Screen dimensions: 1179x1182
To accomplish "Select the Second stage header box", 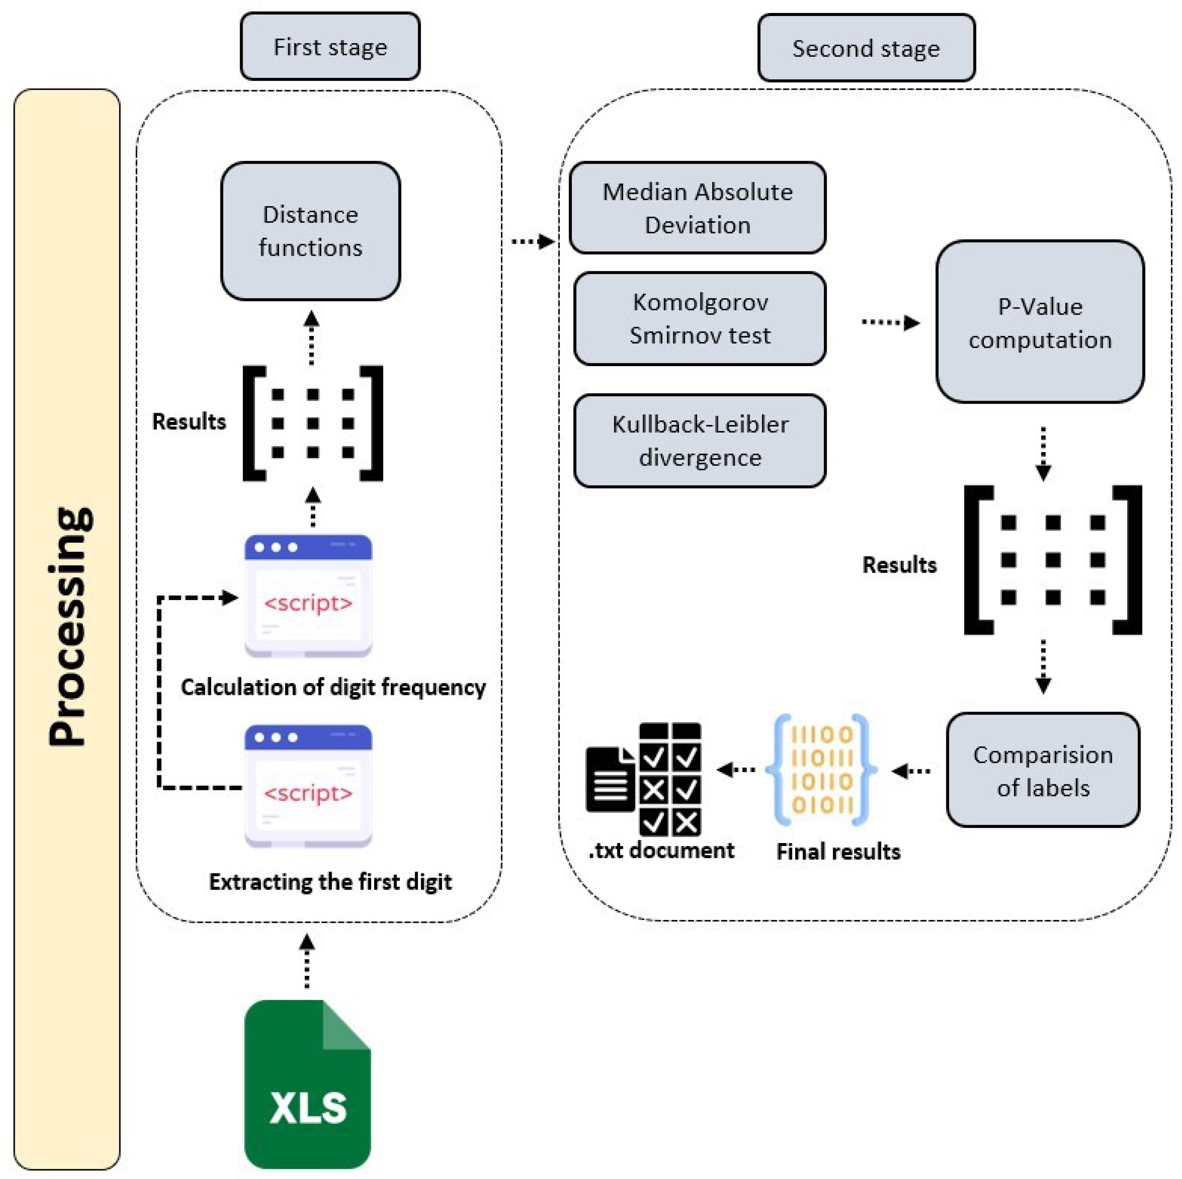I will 866,48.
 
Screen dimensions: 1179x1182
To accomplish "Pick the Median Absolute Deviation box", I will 697,208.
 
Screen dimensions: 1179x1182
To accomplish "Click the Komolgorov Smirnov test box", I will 700,318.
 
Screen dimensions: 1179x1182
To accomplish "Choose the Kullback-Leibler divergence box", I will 700,440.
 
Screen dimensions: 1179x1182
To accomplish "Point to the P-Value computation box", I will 1040,322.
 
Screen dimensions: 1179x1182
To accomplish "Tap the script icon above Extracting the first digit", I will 308,786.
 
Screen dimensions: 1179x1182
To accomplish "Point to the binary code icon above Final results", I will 822,770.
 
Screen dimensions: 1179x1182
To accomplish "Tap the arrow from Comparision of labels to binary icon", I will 912,771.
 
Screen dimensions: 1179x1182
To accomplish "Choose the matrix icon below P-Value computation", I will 1052,560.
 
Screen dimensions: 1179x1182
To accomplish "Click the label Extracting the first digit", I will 330,882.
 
